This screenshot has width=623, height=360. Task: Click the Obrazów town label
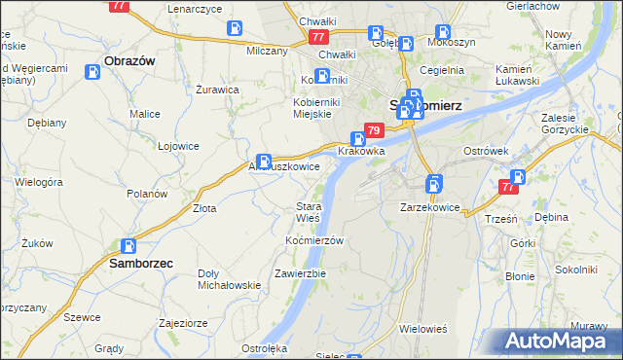(x=129, y=60)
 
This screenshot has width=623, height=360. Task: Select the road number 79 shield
(x=373, y=130)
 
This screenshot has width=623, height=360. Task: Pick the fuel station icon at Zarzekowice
(x=434, y=183)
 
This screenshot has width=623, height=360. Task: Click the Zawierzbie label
(x=300, y=273)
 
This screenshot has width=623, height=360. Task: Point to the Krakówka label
(x=361, y=152)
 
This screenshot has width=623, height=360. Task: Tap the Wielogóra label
(x=40, y=182)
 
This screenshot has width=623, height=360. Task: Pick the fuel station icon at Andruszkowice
(x=264, y=162)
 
